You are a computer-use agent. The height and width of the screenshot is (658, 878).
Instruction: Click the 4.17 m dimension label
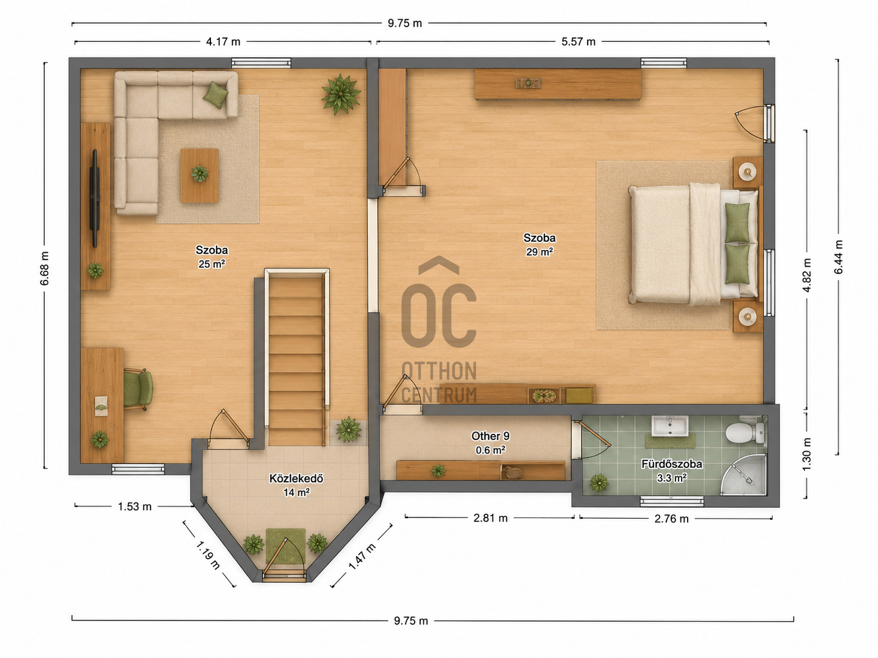[x=223, y=42]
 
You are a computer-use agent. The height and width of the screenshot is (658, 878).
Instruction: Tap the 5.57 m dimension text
[x=578, y=42]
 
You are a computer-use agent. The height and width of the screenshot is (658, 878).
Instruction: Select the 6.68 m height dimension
[x=44, y=268]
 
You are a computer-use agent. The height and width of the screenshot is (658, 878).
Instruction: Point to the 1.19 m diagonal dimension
[x=207, y=555]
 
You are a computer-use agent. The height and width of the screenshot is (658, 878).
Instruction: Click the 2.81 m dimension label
[x=491, y=518]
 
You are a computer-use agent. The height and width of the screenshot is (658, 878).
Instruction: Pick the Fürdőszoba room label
[x=672, y=464]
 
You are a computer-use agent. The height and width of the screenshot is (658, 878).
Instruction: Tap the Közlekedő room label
[x=296, y=478]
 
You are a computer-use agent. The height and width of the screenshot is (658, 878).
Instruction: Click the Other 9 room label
[x=491, y=436]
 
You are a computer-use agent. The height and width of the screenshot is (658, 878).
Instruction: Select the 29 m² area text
[x=539, y=252]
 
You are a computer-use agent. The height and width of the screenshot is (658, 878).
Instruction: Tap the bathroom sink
[x=669, y=426]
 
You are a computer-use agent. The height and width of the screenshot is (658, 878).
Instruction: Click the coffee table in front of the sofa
[x=199, y=175]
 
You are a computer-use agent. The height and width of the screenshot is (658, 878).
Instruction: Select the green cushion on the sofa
[x=215, y=95]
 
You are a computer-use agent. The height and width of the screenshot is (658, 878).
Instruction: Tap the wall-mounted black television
[x=95, y=198]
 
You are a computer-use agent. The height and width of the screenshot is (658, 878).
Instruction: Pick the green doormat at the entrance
[x=286, y=546]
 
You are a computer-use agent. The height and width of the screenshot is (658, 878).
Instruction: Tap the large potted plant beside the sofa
[x=341, y=95]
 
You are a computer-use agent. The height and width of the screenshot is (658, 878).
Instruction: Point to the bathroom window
[x=672, y=502]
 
